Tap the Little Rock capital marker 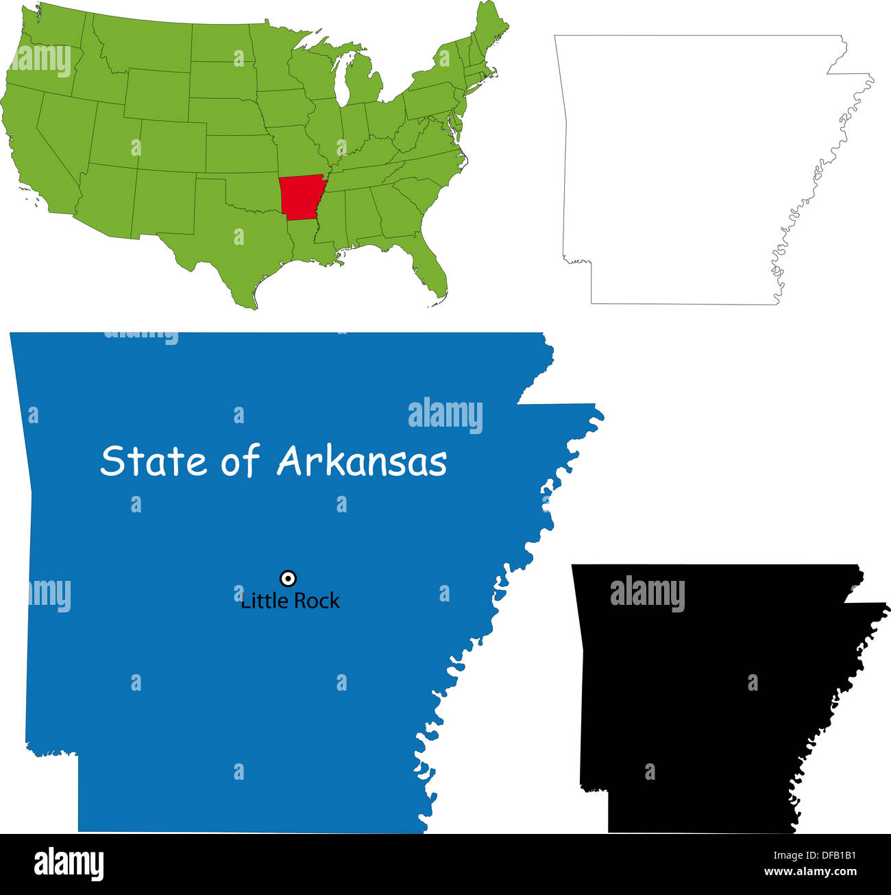(x=289, y=578)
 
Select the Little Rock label (x=290, y=601)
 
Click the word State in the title (x=154, y=461)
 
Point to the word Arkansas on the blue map (x=361, y=461)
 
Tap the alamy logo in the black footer (x=69, y=864)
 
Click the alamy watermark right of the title (x=445, y=416)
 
